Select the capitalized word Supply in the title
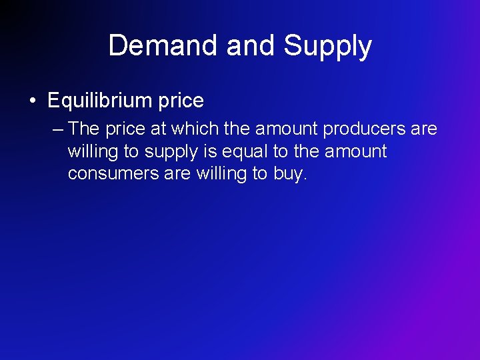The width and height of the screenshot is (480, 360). coord(327,46)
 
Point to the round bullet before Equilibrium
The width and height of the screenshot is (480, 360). coord(32,101)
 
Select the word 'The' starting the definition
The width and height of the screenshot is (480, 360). coord(83,128)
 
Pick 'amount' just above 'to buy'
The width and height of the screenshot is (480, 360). coord(356,151)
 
